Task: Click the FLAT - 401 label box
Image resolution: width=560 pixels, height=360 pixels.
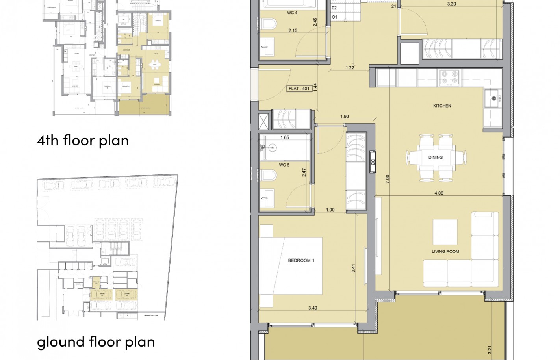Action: (299, 89)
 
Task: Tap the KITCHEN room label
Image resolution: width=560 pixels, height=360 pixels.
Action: (442, 106)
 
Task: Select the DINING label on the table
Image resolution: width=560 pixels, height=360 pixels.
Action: (435, 157)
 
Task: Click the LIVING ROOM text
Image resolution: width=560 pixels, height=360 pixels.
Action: (445, 251)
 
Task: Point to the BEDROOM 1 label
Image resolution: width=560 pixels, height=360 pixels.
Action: (301, 260)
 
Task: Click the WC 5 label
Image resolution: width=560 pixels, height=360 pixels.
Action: (284, 165)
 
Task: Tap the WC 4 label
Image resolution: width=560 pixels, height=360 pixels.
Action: (292, 13)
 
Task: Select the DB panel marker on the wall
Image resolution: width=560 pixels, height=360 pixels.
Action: (373, 162)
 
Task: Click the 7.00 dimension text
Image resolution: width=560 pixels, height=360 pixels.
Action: (388, 179)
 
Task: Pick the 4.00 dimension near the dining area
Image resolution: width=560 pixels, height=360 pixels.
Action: (438, 193)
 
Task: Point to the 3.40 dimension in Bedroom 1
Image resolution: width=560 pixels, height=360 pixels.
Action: (312, 308)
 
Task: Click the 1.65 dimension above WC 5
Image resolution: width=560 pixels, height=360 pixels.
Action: (284, 137)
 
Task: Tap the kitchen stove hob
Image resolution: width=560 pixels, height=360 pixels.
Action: (449, 77)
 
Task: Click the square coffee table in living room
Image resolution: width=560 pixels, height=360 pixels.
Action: (445, 232)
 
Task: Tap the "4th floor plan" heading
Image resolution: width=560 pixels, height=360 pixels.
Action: (83, 140)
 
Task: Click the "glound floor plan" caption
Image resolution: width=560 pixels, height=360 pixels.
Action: (96, 342)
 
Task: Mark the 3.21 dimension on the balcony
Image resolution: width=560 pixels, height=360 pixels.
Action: (490, 349)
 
